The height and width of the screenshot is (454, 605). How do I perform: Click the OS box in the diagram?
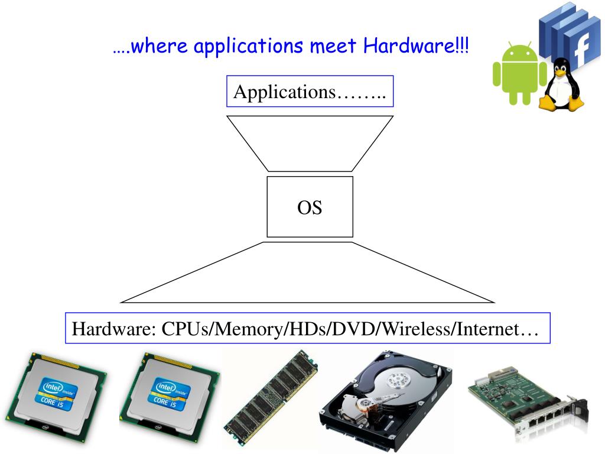(310, 207)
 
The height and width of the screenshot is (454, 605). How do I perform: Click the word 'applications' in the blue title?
(239, 46)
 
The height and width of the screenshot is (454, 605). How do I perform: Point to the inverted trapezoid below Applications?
(310, 142)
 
